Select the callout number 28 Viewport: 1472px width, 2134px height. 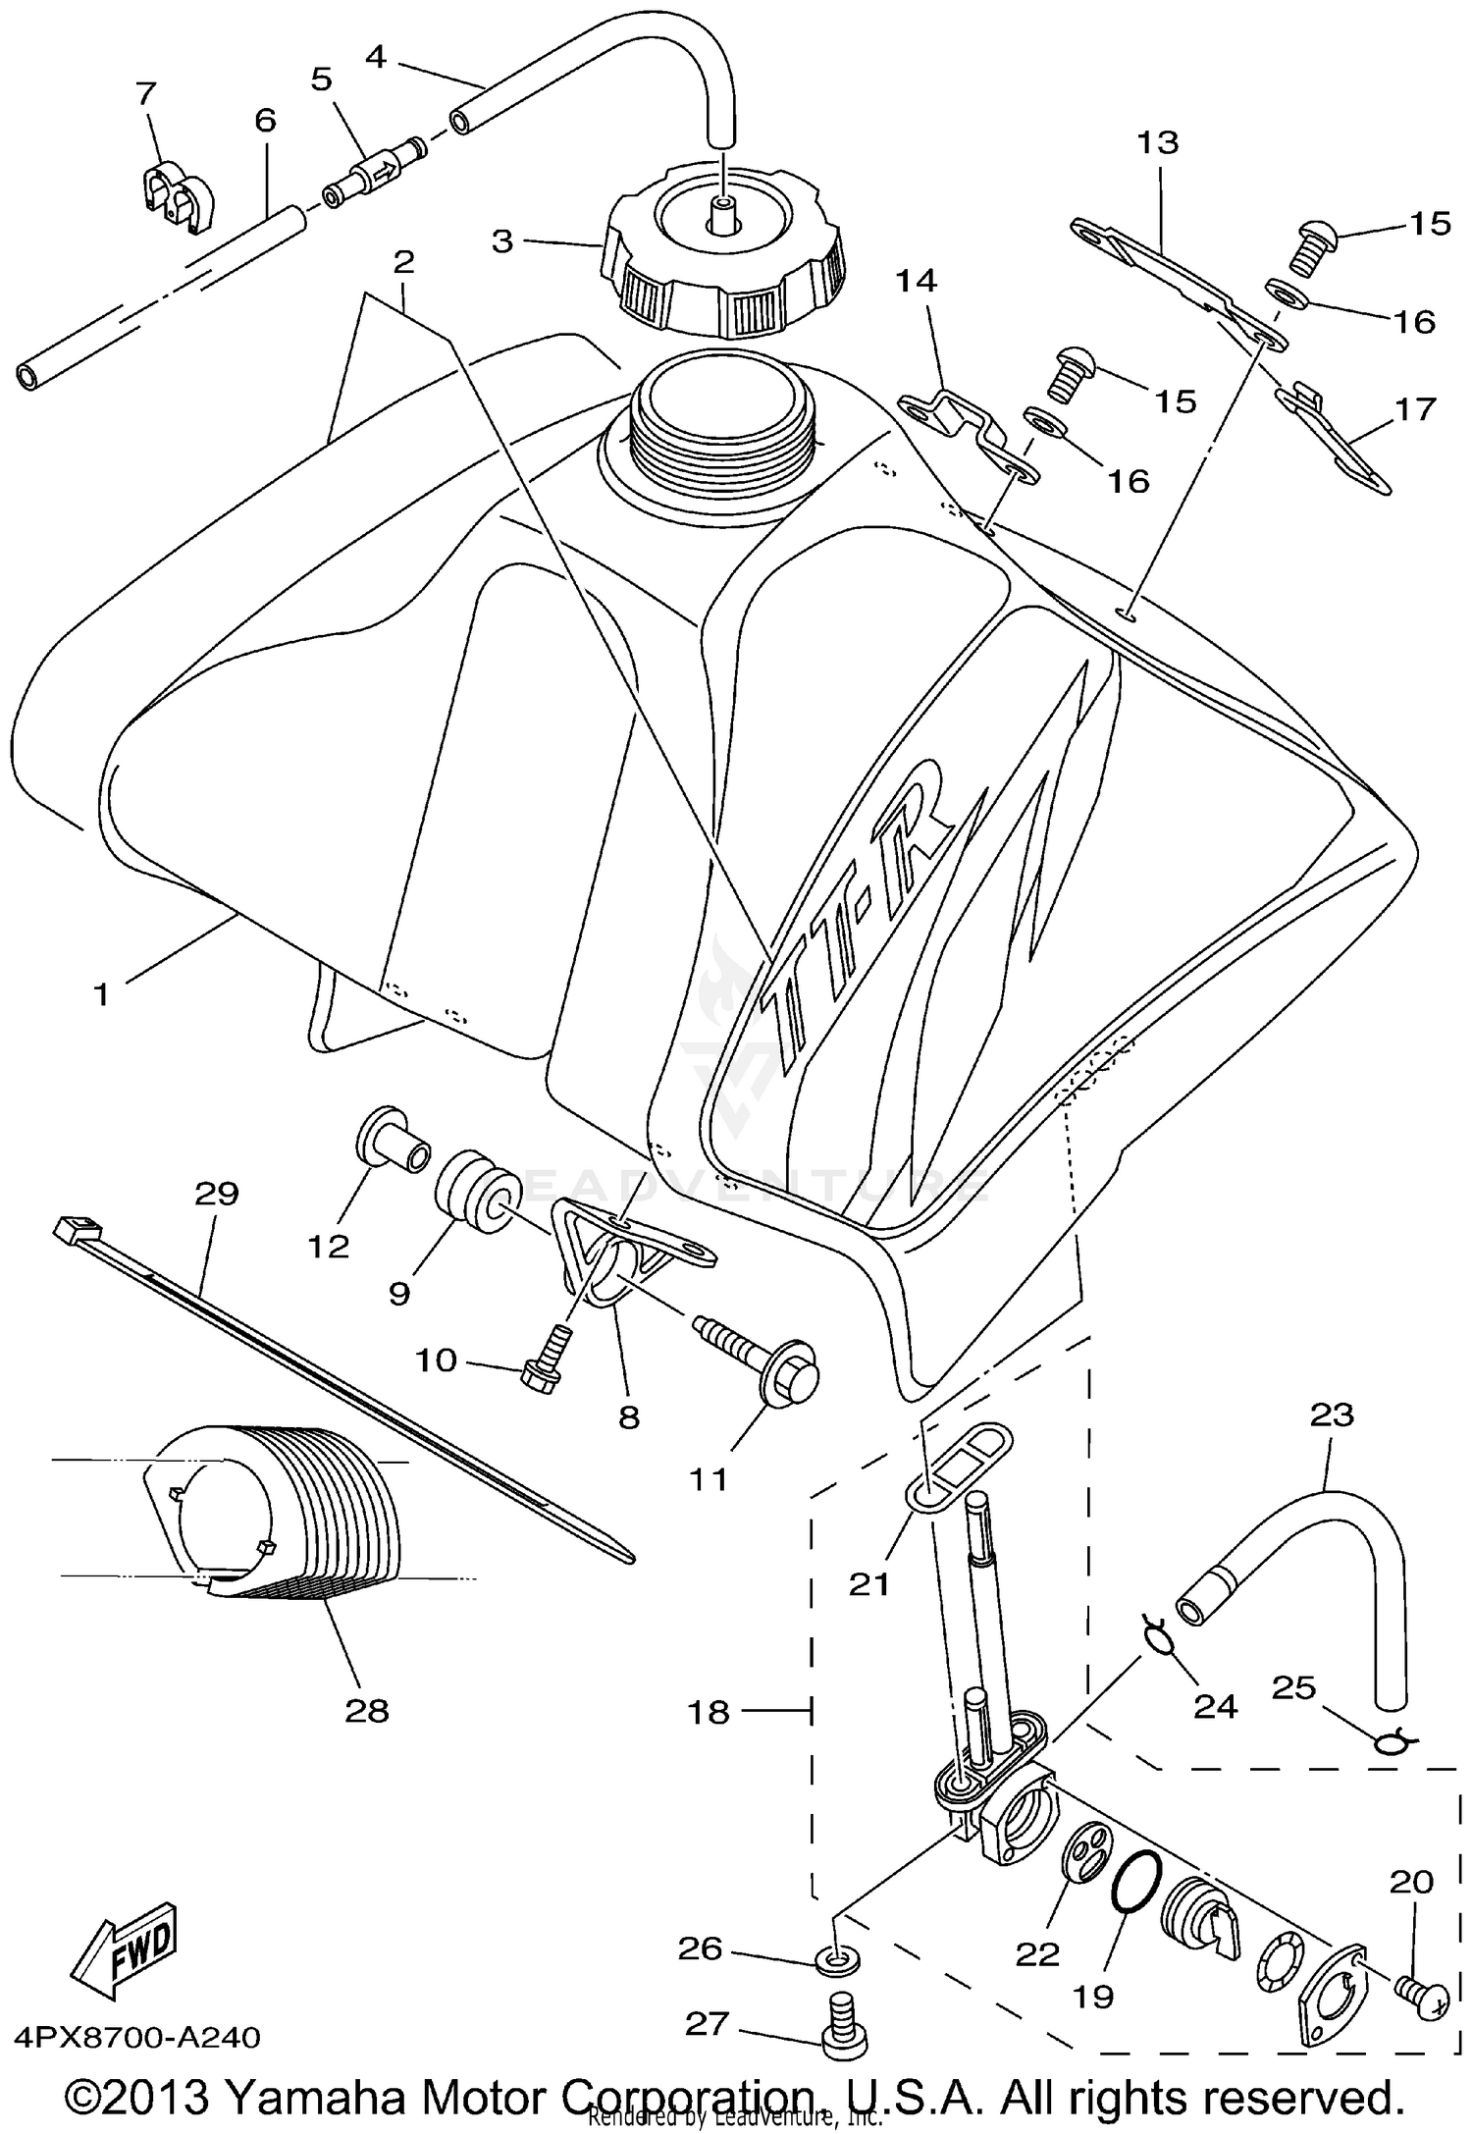(x=367, y=1711)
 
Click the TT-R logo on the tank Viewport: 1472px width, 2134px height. (x=864, y=923)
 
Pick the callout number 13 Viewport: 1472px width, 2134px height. (x=1157, y=142)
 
